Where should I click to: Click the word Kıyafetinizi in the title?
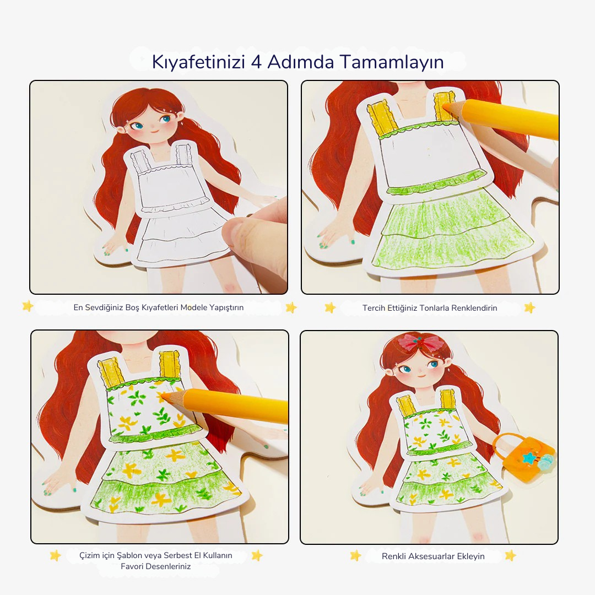pyautogui.click(x=198, y=62)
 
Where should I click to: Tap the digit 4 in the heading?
pyautogui.click(x=257, y=62)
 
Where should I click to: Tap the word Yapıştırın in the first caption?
pyautogui.click(x=226, y=308)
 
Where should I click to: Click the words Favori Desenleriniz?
pyautogui.click(x=155, y=566)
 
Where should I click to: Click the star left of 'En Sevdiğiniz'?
pyautogui.click(x=28, y=306)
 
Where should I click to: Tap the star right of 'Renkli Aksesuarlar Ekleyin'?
pyautogui.click(x=510, y=555)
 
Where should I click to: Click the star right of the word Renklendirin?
pyautogui.click(x=530, y=307)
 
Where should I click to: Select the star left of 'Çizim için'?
pyautogui.click(x=56, y=555)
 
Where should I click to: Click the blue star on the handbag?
pyautogui.click(x=528, y=458)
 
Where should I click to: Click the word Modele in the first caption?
pyautogui.click(x=193, y=307)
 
